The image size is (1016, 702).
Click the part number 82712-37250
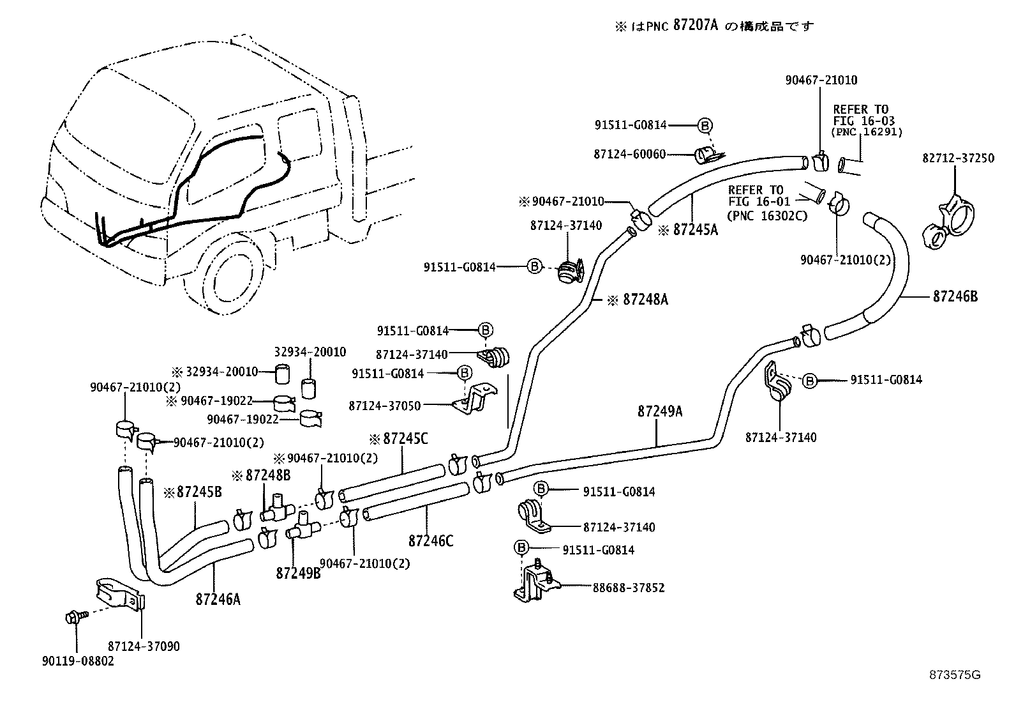click(958, 158)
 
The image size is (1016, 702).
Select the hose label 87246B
click(955, 296)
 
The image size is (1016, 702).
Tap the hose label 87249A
click(659, 412)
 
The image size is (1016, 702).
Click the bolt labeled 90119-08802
click(71, 617)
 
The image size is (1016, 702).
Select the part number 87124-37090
click(144, 646)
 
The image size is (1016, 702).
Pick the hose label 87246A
click(218, 599)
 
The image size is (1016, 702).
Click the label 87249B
click(298, 574)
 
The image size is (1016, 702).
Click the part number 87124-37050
click(385, 405)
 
